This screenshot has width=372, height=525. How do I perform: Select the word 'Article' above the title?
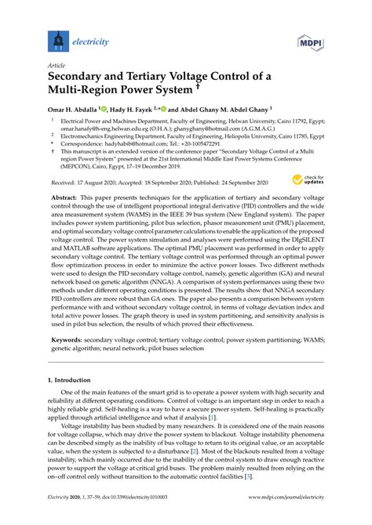[57, 67]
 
